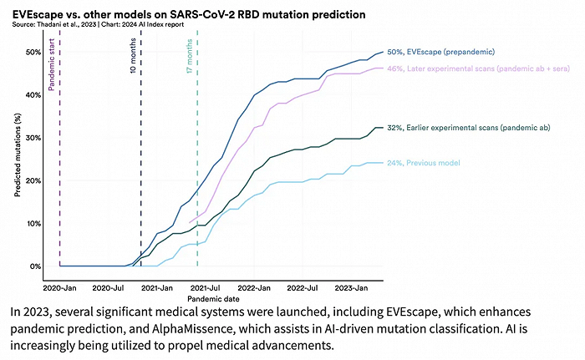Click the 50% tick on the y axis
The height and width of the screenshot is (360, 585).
click(x=35, y=52)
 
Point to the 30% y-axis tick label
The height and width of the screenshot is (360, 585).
click(x=35, y=138)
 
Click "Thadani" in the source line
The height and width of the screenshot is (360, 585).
click(x=58, y=26)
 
